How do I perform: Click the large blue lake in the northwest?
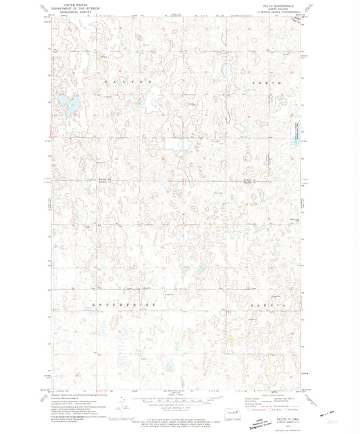[66, 104]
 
